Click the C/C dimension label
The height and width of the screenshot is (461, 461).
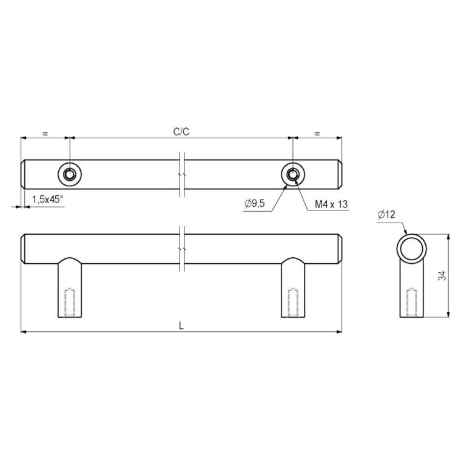[x=181, y=132]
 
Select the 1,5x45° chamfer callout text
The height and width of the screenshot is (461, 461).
[x=47, y=200]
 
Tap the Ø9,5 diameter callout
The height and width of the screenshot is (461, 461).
[x=254, y=203]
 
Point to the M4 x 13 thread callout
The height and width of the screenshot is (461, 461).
[x=331, y=204]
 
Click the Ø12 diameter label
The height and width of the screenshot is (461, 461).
[x=386, y=215]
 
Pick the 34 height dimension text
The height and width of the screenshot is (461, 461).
[x=442, y=275]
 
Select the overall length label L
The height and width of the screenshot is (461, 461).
[x=181, y=326]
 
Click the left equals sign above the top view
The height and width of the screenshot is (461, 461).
[x=45, y=133]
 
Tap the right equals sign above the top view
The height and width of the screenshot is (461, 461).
[x=317, y=133]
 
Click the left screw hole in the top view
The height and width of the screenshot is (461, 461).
[x=70, y=175]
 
